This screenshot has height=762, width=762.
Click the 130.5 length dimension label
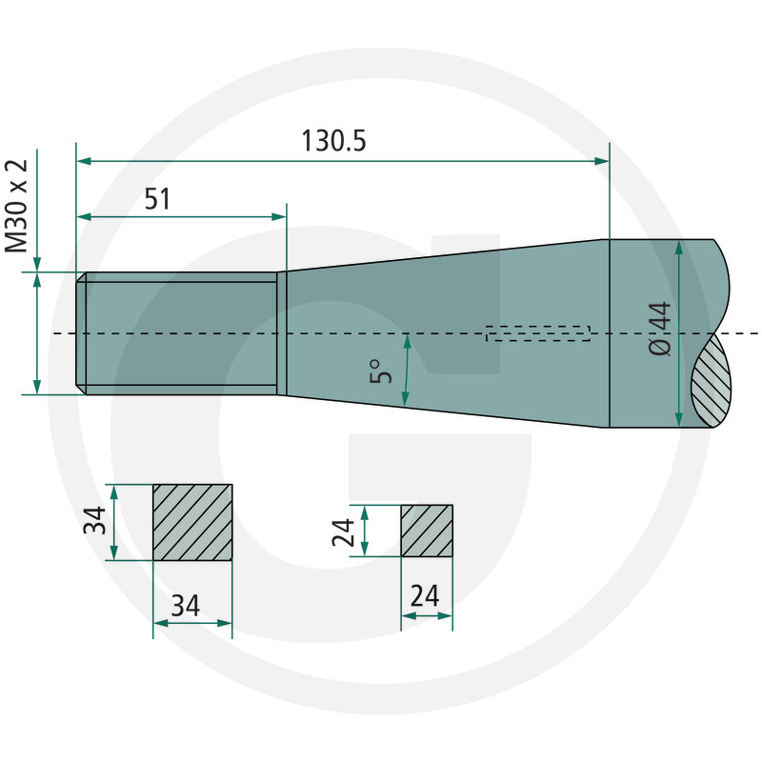(333, 141)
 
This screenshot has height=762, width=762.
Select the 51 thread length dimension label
(157, 199)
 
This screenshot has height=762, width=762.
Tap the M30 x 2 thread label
(16, 206)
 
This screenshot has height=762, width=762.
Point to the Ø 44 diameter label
(659, 329)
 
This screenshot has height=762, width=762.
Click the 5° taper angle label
(380, 371)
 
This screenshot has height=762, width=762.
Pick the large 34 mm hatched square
(192, 522)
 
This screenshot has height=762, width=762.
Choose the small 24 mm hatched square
(427, 531)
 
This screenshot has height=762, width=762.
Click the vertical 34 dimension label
(94, 520)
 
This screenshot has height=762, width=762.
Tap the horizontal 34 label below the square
(186, 606)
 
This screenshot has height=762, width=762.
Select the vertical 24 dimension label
(343, 532)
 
